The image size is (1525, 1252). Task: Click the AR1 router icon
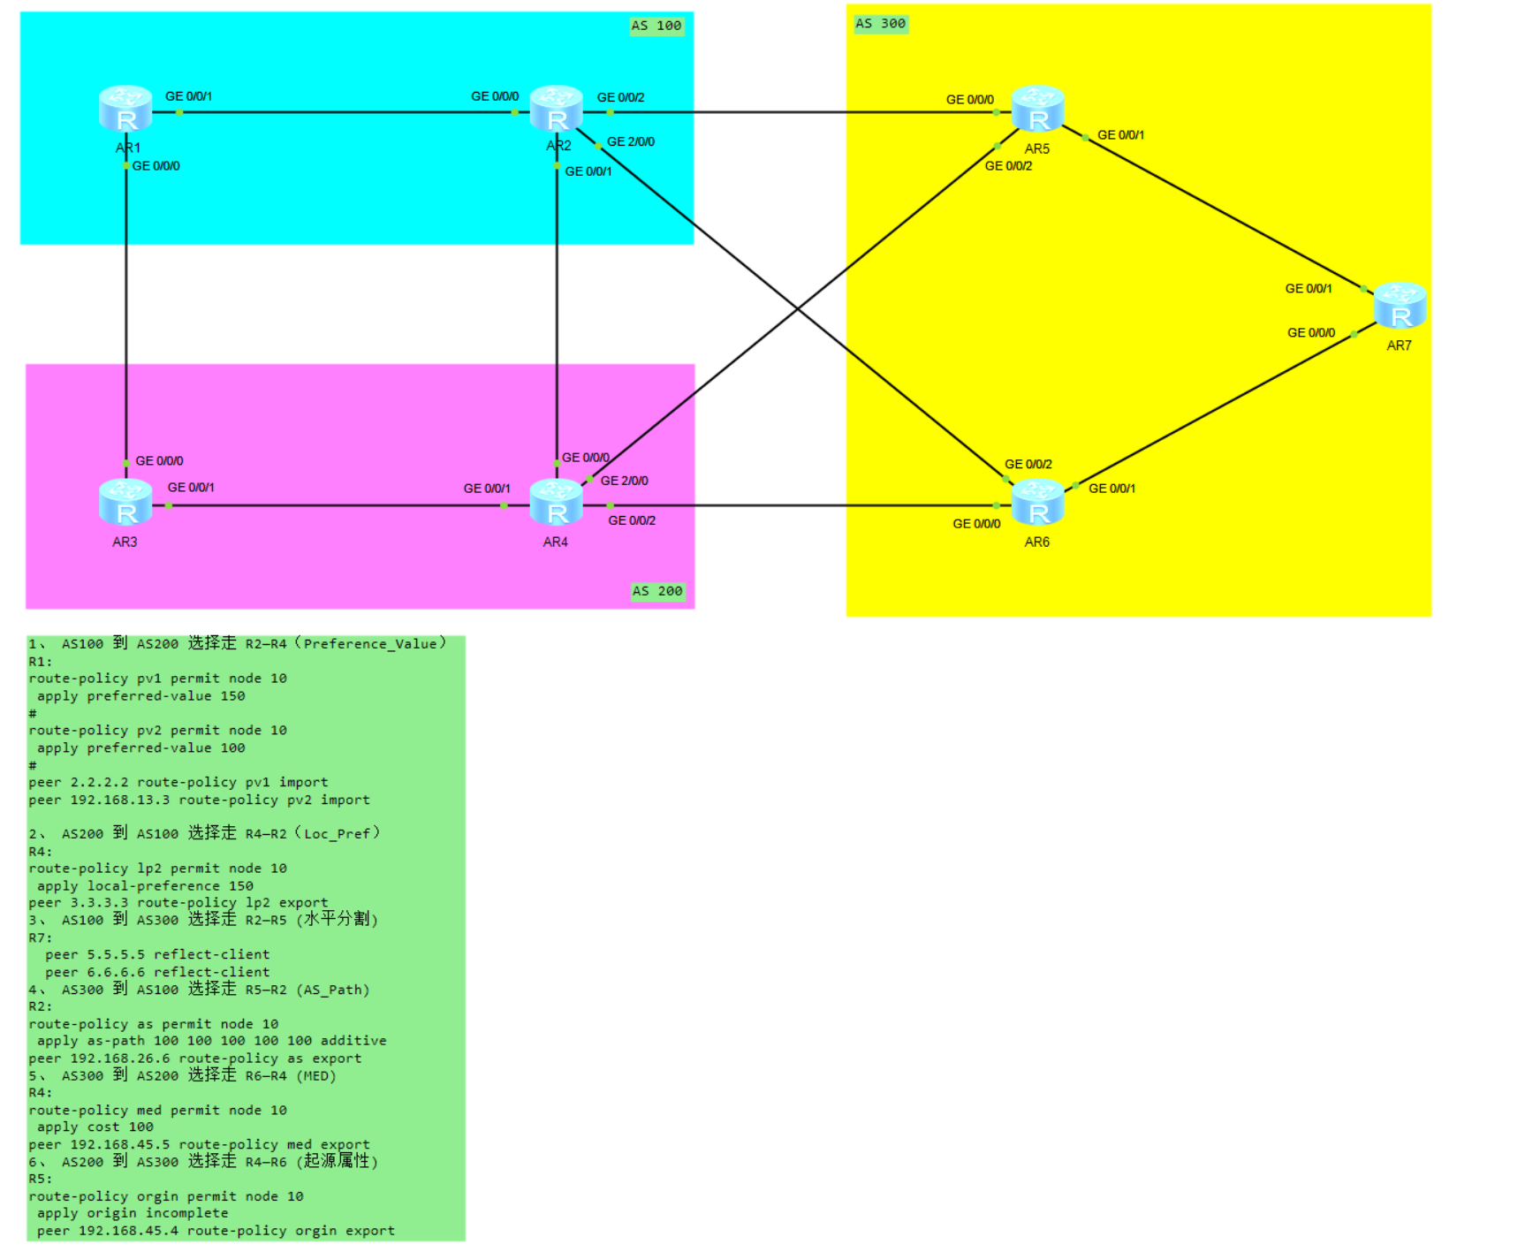coord(125,109)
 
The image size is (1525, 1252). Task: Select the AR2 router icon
coord(556,109)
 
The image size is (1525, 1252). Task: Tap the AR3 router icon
coord(125,502)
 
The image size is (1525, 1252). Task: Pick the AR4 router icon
coord(556,502)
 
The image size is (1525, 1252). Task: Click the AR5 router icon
coord(1037,109)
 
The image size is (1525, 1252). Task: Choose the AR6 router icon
coord(1037,502)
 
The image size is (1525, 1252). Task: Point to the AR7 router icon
coord(1400,306)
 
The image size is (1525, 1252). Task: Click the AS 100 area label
coord(656,26)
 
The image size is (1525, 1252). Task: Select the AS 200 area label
coord(657,591)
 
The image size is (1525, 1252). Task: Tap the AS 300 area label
coord(880,24)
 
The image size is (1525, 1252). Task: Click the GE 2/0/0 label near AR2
coord(631,141)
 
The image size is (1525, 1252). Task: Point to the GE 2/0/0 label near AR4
coord(624,481)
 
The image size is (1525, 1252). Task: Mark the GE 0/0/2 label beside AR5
coord(1008,166)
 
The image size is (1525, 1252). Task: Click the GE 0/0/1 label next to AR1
coord(188,96)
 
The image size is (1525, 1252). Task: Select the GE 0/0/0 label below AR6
coord(976,524)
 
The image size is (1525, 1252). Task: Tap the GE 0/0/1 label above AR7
coord(1308,289)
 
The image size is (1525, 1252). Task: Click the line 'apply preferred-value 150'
coord(140,696)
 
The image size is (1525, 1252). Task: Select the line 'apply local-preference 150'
coord(145,886)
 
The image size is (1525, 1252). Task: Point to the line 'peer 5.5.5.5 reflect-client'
coord(157,955)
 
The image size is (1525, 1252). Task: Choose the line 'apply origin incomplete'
coord(133,1214)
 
